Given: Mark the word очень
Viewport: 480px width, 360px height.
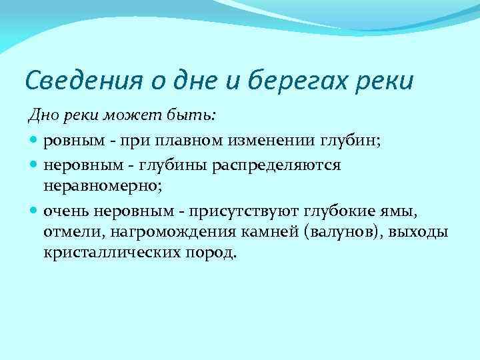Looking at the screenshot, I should point(66,212).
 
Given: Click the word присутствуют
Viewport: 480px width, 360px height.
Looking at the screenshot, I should point(245,212).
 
